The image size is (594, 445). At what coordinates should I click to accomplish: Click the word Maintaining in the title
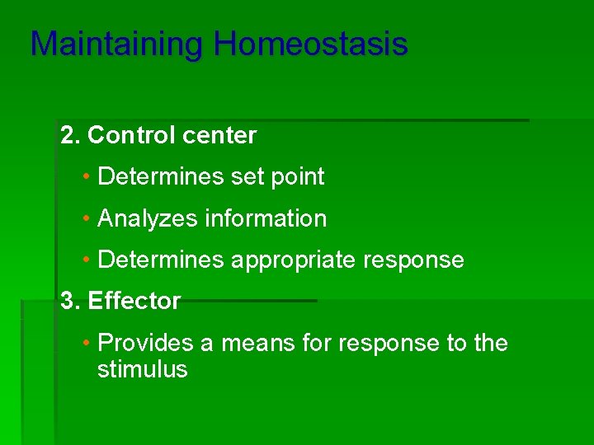[117, 44]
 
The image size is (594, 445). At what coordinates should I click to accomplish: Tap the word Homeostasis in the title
[310, 44]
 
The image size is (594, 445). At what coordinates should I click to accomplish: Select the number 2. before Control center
[70, 135]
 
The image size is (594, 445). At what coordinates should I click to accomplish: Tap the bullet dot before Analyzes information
[87, 218]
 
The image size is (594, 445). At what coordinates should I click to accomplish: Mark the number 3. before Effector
[70, 302]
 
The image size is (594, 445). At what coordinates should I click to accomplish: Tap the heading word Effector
[134, 302]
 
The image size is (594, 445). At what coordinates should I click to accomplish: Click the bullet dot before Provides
[87, 343]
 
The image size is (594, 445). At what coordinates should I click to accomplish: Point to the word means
[249, 343]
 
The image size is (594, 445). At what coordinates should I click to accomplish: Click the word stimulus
[142, 370]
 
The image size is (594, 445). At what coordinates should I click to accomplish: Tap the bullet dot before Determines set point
[87, 176]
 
